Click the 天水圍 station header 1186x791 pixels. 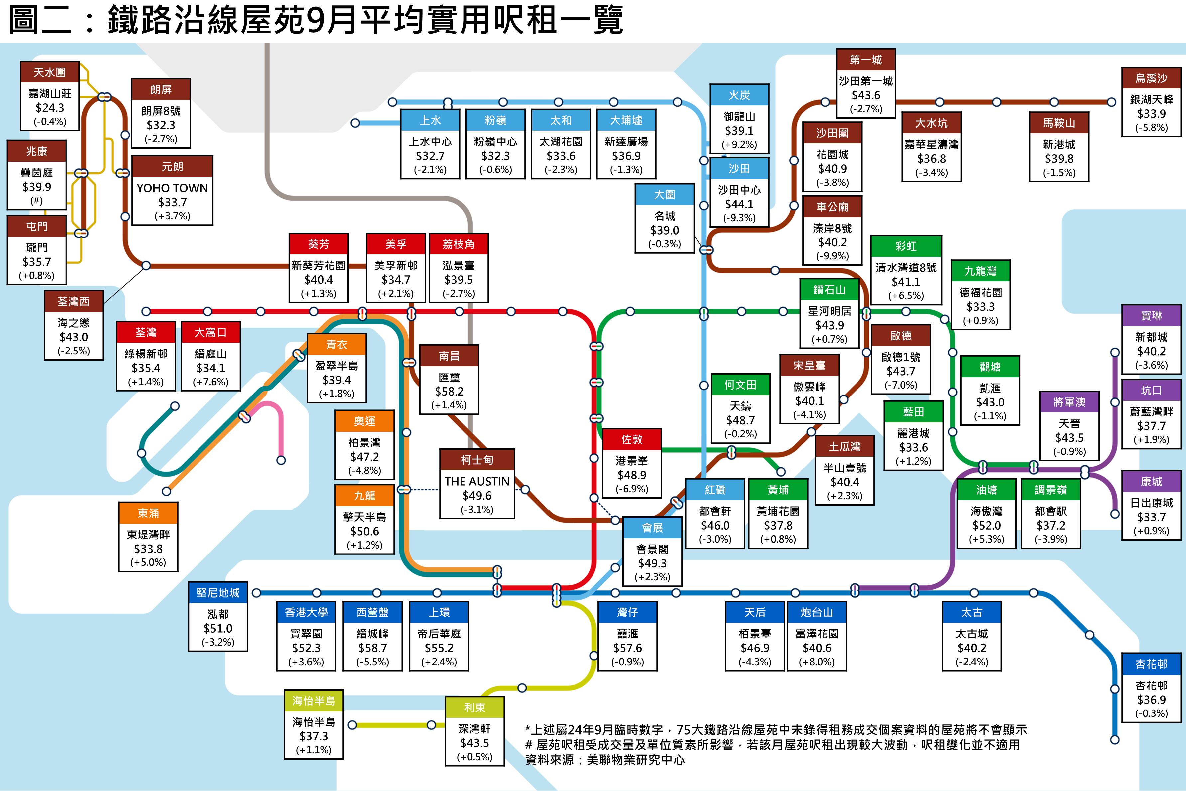[x=50, y=72]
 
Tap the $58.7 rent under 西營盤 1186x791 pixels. [x=373, y=648]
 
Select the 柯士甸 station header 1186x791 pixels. [x=477, y=460]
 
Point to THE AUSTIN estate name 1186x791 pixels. [x=477, y=481]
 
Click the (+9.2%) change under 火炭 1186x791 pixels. [x=739, y=145]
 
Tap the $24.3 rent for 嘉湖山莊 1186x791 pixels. [x=50, y=108]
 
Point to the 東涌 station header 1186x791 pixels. [x=148, y=513]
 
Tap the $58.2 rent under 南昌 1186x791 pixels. [x=449, y=392]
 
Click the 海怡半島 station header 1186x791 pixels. [x=314, y=701]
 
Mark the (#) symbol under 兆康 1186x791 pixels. [x=36, y=200]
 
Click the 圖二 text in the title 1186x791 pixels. [x=40, y=20]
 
